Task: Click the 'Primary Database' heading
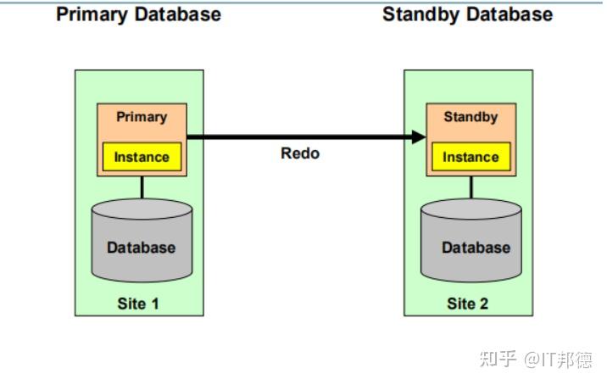(x=138, y=14)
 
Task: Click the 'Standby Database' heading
(x=467, y=14)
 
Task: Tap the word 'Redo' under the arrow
(x=300, y=153)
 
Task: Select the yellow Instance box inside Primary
(x=142, y=157)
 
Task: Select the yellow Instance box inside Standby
(x=471, y=157)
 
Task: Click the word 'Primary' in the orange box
(x=142, y=117)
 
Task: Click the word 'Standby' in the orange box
(x=471, y=117)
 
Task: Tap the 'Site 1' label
(x=138, y=303)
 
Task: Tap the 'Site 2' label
(x=468, y=303)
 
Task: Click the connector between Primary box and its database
(x=142, y=187)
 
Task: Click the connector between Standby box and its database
(x=471, y=187)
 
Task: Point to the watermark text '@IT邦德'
(x=558, y=360)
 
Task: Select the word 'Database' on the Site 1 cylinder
(x=142, y=248)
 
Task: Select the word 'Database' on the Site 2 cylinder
(x=476, y=248)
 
